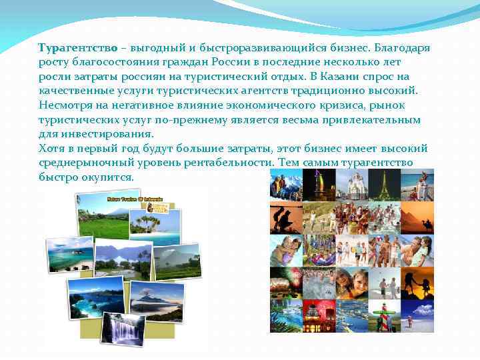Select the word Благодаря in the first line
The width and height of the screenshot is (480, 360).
pyautogui.click(x=402, y=49)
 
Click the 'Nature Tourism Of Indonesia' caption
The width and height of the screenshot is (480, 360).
pyautogui.click(x=139, y=199)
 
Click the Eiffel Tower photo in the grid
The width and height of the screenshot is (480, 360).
pyautogui.click(x=384, y=185)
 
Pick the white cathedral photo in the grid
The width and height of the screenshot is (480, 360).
pyautogui.click(x=349, y=184)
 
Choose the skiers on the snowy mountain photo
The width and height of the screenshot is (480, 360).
pyautogui.click(x=285, y=184)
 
